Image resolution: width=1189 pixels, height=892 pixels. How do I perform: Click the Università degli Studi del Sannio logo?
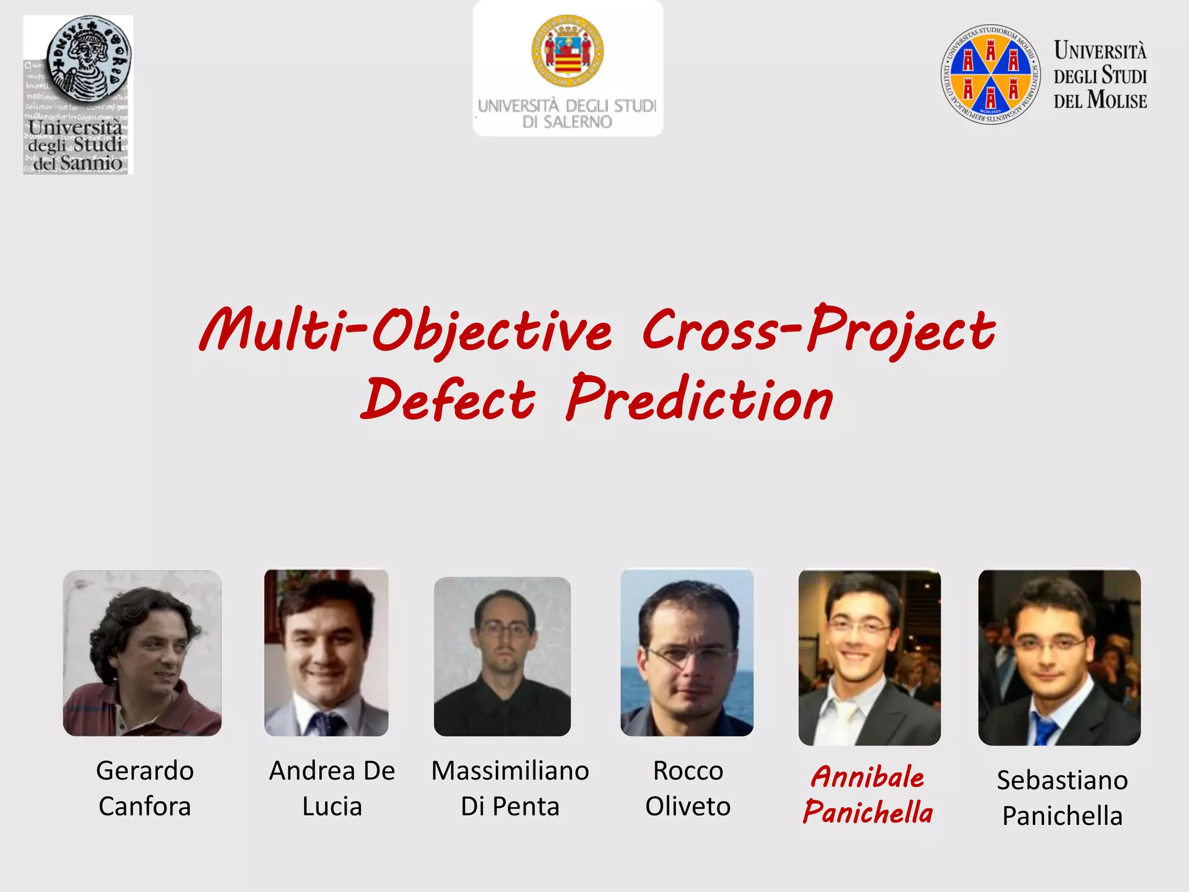point(78,95)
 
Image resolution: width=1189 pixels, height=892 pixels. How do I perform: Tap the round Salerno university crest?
point(567,51)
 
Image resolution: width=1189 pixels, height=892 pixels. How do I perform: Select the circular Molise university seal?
point(990,74)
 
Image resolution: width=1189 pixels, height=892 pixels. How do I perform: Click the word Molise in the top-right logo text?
point(1117,100)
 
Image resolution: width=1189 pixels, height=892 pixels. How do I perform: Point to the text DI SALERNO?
point(567,122)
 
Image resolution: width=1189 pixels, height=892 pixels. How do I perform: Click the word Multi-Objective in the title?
point(405,330)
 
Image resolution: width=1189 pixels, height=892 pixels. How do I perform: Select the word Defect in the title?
point(448,400)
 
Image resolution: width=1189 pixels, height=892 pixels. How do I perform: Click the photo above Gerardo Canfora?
point(142,653)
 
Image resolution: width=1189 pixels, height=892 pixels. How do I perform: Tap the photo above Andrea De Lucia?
point(326,652)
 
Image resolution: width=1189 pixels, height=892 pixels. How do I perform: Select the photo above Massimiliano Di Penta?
point(502,656)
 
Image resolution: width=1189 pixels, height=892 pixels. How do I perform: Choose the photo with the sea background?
point(687,652)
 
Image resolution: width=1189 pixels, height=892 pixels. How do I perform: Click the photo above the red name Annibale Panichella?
point(869,657)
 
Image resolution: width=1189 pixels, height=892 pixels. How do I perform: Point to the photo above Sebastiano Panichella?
point(1059,657)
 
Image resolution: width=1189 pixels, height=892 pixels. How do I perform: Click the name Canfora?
point(145,807)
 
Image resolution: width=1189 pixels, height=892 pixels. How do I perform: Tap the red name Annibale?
point(867,777)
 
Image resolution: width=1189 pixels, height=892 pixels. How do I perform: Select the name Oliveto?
point(688,807)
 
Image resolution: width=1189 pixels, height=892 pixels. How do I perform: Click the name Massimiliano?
point(510,771)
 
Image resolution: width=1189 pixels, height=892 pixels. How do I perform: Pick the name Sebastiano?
point(1062,780)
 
